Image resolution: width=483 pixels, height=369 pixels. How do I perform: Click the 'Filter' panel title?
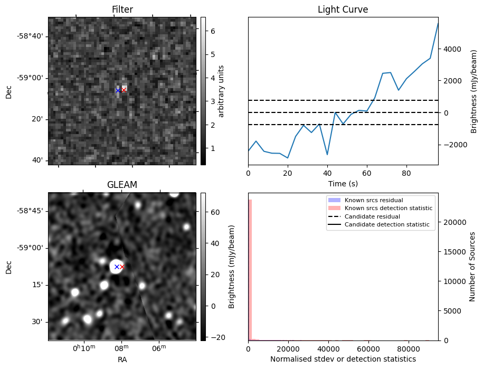[122, 10]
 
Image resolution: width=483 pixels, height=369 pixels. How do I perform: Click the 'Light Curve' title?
[343, 10]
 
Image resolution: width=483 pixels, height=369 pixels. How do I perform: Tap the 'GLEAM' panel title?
[122, 185]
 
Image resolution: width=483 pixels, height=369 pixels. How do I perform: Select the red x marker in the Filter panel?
[124, 90]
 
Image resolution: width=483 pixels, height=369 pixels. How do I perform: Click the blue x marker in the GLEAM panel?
[117, 267]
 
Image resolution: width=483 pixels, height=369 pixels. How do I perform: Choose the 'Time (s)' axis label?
[343, 183]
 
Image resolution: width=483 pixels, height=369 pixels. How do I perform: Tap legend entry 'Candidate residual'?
[372, 216]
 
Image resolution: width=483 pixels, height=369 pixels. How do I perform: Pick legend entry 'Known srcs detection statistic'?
[388, 208]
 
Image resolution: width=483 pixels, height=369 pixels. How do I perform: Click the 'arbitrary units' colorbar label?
[221, 91]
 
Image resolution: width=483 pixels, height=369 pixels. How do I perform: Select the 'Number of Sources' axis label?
[473, 267]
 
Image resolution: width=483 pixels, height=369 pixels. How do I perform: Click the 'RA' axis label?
[122, 359]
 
